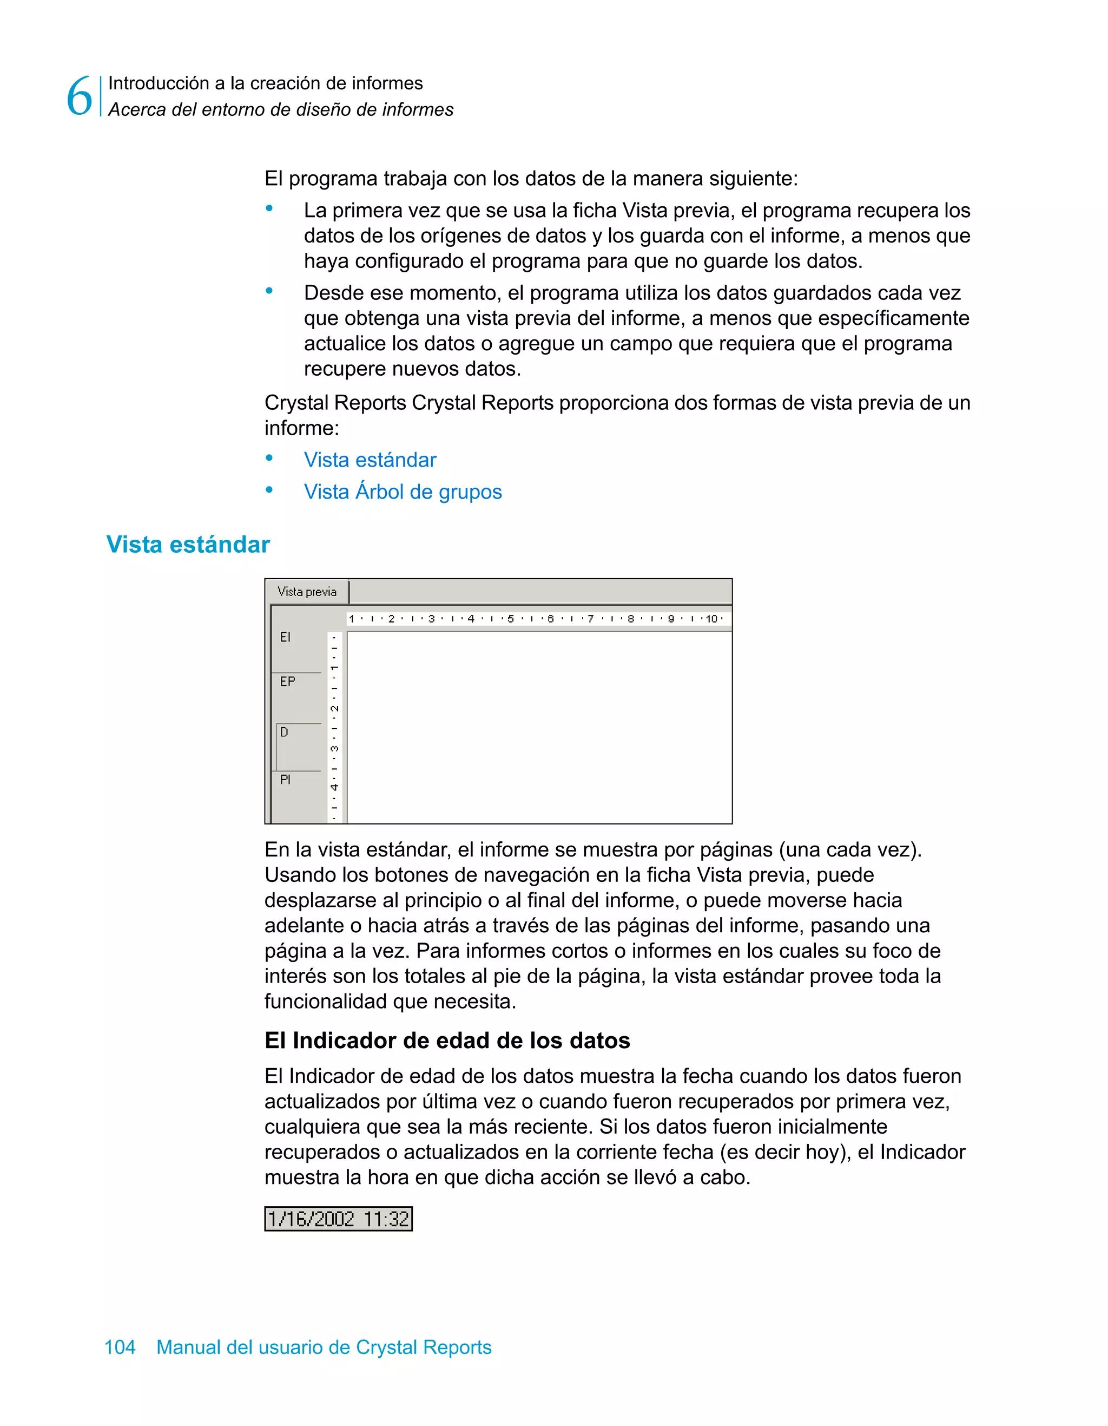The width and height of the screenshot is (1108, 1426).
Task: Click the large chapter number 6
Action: pyautogui.click(x=80, y=96)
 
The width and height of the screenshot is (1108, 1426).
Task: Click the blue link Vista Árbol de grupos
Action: pyautogui.click(x=403, y=492)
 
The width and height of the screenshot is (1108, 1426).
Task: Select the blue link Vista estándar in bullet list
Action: pyautogui.click(x=370, y=460)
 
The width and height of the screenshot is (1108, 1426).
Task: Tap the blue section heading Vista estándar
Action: pyautogui.click(x=188, y=545)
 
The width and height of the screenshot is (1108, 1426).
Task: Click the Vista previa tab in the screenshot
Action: pyautogui.click(x=307, y=592)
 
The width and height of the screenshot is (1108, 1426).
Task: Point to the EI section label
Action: pyautogui.click(x=285, y=637)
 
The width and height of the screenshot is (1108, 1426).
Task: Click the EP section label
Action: pyautogui.click(x=287, y=682)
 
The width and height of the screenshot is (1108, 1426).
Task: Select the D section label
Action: pyautogui.click(x=284, y=732)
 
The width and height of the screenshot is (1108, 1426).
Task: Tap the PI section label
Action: pyautogui.click(x=285, y=780)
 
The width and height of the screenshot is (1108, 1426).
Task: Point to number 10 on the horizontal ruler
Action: pyautogui.click(x=711, y=618)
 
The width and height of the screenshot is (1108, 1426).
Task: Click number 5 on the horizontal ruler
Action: pyautogui.click(x=510, y=618)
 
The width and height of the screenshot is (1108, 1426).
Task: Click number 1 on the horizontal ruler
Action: pyautogui.click(x=351, y=618)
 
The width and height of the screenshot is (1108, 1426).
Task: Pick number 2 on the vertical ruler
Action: pyautogui.click(x=334, y=709)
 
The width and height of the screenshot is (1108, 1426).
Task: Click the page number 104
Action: pyautogui.click(x=120, y=1347)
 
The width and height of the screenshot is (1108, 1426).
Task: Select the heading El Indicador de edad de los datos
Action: pyautogui.click(x=447, y=1040)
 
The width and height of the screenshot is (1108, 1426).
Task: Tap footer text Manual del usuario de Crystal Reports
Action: pyautogui.click(x=324, y=1347)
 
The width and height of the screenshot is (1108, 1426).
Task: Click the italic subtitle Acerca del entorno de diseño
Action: pyautogui.click(x=281, y=110)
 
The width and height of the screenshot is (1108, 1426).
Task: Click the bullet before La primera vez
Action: pyautogui.click(x=269, y=209)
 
